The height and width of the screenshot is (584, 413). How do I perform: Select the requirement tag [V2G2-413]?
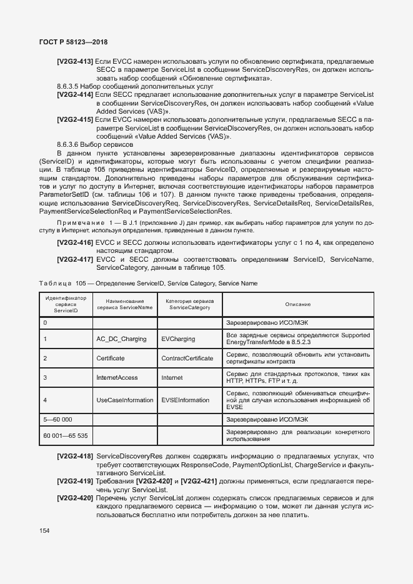pos(75,61)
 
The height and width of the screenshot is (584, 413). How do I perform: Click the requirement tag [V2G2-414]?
pos(75,94)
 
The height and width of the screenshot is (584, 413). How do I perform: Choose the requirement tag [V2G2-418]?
pos(75,457)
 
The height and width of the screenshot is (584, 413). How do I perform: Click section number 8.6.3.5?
pos(69,86)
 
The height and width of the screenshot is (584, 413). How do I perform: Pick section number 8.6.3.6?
pos(69,144)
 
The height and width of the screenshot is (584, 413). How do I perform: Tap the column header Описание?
pos(298,304)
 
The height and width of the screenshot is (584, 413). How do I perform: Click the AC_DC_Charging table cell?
pos(121,339)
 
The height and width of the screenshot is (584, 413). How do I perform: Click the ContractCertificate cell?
pos(187,359)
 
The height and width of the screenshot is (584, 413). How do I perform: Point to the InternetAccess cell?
pos(117,378)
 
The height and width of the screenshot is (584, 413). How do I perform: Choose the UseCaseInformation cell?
pos(124,400)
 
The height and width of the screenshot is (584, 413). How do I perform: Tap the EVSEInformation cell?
pos(185,400)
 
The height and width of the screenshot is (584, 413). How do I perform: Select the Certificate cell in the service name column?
pos(111,359)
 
